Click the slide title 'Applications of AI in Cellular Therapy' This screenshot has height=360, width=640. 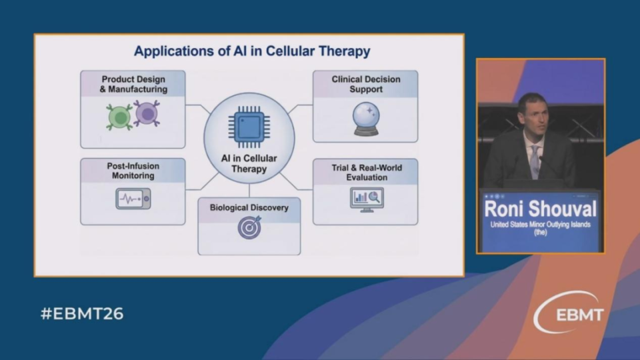coord(251,51)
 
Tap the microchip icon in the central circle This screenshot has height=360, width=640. coord(249,126)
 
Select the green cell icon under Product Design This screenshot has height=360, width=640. coord(120,117)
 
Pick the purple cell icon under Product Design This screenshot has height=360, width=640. coord(147,114)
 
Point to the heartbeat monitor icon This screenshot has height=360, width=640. coord(133,199)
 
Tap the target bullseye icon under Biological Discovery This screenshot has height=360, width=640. coord(249,228)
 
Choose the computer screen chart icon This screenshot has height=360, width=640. coord(366,199)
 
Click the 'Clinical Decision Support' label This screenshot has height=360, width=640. coord(365,84)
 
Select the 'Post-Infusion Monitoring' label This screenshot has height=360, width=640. coord(133,171)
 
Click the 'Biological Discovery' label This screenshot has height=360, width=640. coord(249,207)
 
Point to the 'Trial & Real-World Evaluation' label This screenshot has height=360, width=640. coord(366,171)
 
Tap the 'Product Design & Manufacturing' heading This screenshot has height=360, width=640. coord(133,84)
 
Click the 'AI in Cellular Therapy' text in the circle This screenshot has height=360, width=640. coord(249,163)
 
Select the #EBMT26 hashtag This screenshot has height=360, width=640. coord(82,314)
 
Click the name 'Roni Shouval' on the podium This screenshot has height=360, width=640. coord(540,209)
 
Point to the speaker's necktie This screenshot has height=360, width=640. coord(535,161)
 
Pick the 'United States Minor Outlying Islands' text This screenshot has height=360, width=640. coord(540,225)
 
